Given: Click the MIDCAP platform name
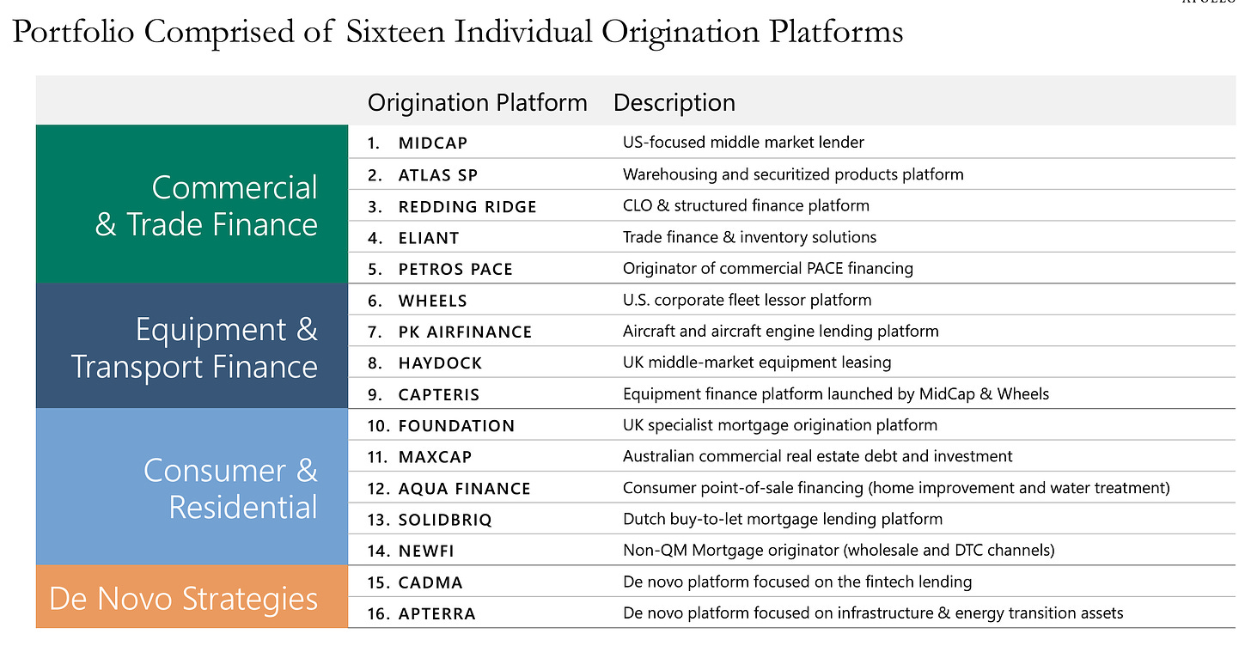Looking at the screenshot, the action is [x=433, y=143].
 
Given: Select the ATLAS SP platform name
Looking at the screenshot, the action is [x=437, y=174].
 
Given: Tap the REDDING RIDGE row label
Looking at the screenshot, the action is [x=467, y=206].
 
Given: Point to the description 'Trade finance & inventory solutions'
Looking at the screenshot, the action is [x=749, y=237].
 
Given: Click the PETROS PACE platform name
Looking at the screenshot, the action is [x=455, y=269].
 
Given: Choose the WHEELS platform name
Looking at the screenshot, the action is [x=433, y=301].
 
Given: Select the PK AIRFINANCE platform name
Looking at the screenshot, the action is [x=465, y=332].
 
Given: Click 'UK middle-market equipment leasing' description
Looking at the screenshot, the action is [x=756, y=363].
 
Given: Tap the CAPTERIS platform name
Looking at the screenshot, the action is [x=439, y=394].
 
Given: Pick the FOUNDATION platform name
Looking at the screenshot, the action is [x=456, y=425].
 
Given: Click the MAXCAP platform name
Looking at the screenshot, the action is [x=435, y=457].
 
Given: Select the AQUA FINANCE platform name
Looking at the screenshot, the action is [x=464, y=489].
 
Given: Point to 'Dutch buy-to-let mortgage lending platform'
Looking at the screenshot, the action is [x=782, y=519].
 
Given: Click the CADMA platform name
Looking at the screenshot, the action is [x=430, y=582].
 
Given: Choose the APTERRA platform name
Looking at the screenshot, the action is [x=436, y=613].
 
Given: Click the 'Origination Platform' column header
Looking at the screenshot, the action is [x=477, y=103].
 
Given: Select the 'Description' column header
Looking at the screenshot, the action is [x=674, y=103].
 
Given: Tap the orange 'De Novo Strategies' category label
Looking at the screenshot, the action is [x=183, y=599].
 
